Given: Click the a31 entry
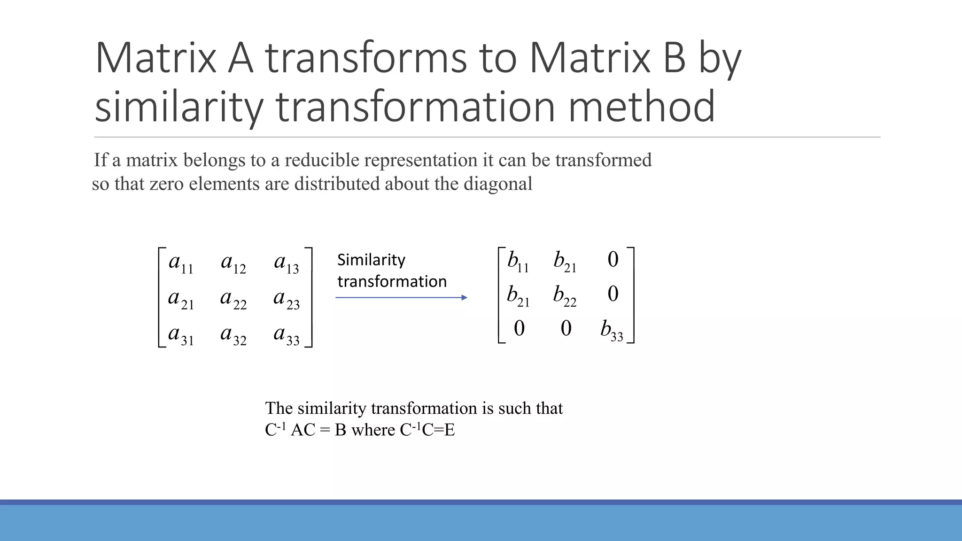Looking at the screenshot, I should [181, 334].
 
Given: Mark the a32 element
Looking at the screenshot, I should [233, 334].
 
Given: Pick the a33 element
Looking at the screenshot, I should [287, 334].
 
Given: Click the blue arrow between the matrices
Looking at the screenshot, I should [401, 297].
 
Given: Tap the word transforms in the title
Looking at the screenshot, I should [366, 58].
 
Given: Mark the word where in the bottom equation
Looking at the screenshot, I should [373, 430].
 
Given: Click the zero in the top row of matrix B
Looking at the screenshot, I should [613, 260].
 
